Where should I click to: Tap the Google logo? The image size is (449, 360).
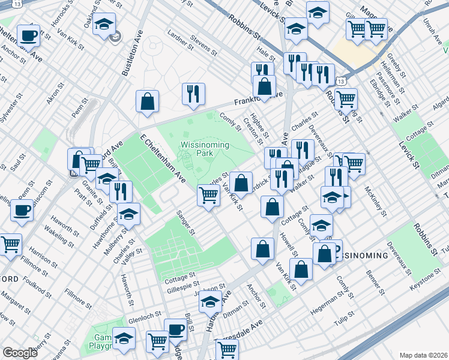pos(20,353)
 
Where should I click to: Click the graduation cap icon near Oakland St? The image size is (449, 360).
pos(105,24)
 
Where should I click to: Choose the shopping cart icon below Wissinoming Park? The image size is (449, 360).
pos(208,194)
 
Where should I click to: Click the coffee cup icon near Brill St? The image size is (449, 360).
pos(176,329)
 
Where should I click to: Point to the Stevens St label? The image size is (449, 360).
pos(203,43)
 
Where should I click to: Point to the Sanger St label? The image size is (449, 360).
pos(185,222)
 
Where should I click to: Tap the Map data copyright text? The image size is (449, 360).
pos(423,355)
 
